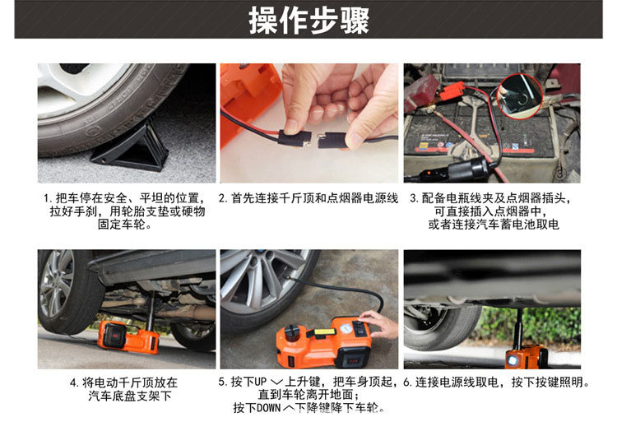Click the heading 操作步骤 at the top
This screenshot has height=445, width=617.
pos(308,20)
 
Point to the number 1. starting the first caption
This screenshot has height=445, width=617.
pos(48,199)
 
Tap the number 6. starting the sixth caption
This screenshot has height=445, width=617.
pos(407,382)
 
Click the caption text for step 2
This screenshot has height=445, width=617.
pos(308,199)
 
